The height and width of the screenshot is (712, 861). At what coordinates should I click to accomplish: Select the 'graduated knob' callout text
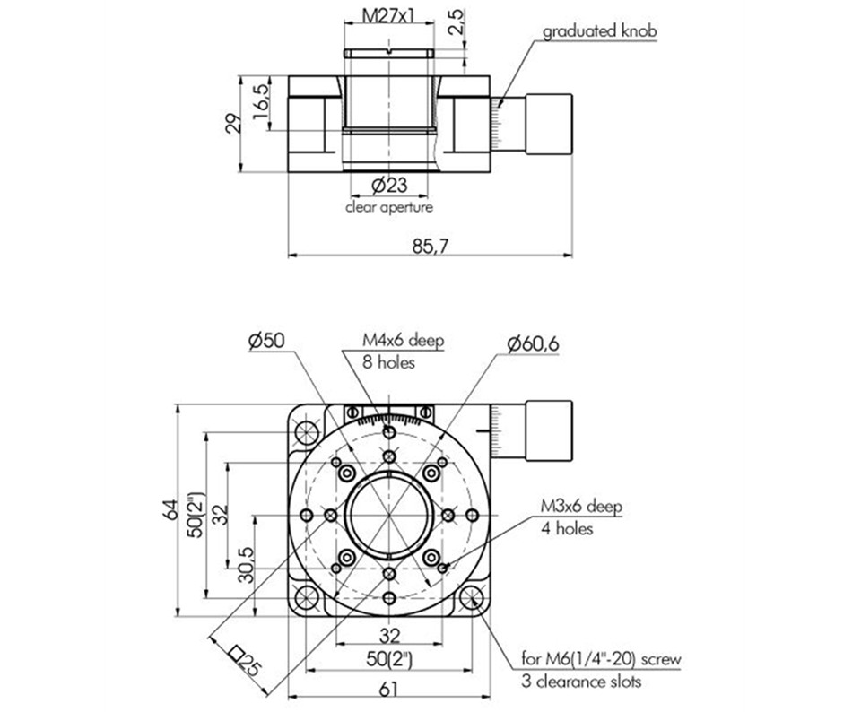coord(600,32)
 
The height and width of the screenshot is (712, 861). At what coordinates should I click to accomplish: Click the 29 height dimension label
coord(232,124)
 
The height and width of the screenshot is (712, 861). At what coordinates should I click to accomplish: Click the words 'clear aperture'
coord(389,207)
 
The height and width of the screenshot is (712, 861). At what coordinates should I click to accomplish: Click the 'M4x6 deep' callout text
coord(403,341)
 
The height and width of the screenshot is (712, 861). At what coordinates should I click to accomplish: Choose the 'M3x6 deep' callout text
coord(581,508)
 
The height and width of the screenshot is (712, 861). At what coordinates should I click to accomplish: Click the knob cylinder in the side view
coord(549,123)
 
